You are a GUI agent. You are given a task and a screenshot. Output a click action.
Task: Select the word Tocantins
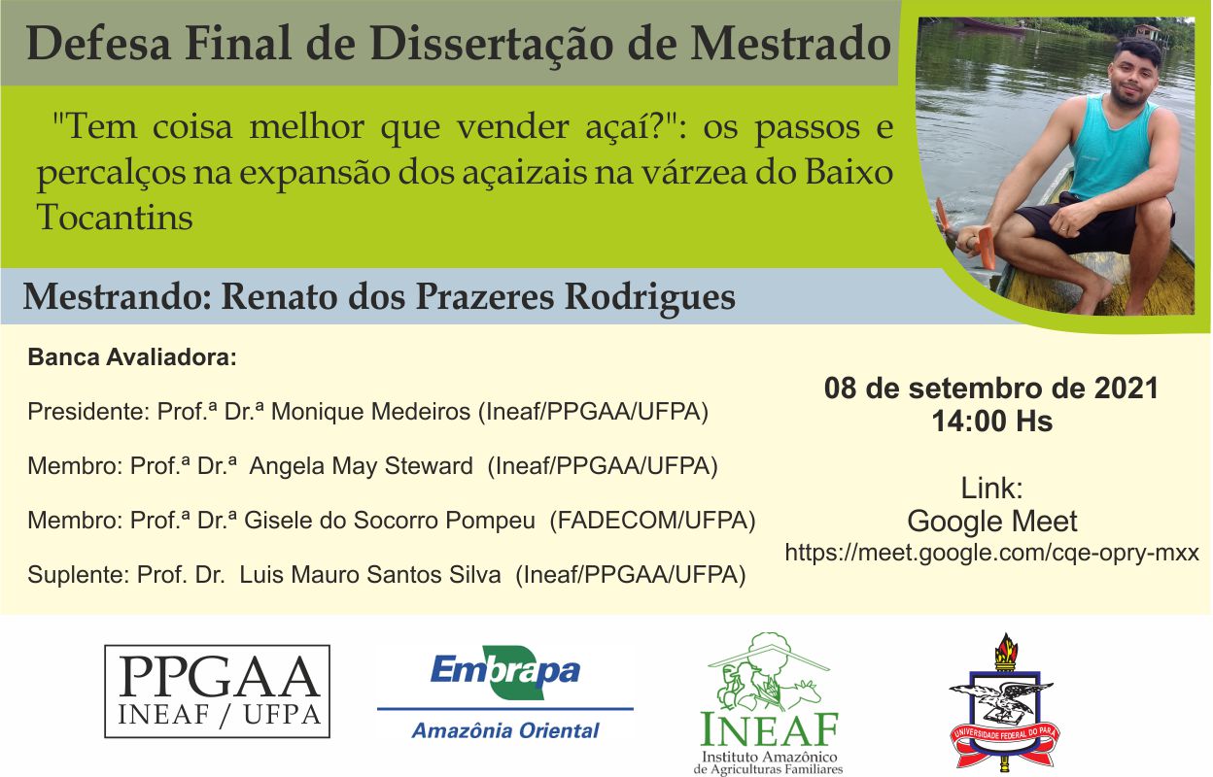pyautogui.click(x=115, y=218)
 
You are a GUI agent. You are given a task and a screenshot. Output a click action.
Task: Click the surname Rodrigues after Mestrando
pyautogui.click(x=650, y=297)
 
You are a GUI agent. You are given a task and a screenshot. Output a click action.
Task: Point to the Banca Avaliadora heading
pyautogui.click(x=132, y=357)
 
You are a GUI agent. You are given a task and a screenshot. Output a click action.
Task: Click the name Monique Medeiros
pyautogui.click(x=370, y=412)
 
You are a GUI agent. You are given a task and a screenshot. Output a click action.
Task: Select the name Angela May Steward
pyautogui.click(x=362, y=466)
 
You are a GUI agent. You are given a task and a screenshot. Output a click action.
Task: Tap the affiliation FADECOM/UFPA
pyautogui.click(x=652, y=521)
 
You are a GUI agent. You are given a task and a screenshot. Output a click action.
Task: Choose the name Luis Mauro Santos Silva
pyautogui.click(x=370, y=575)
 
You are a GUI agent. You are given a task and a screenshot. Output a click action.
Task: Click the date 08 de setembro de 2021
pyautogui.click(x=991, y=388)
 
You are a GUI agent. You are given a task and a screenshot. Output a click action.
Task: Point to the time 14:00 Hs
pyautogui.click(x=992, y=421)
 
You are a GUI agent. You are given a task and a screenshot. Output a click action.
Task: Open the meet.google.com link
pyautogui.click(x=992, y=553)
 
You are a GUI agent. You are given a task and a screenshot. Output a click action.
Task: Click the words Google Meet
pyautogui.click(x=992, y=521)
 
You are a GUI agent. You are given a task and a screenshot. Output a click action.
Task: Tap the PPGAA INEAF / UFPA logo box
pyautogui.click(x=217, y=691)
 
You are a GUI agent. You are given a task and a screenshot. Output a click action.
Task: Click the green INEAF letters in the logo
pyautogui.click(x=770, y=728)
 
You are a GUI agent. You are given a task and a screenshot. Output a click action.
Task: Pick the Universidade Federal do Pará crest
pyautogui.click(x=1005, y=702)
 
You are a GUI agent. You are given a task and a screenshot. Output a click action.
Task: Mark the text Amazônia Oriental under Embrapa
pyautogui.click(x=505, y=730)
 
